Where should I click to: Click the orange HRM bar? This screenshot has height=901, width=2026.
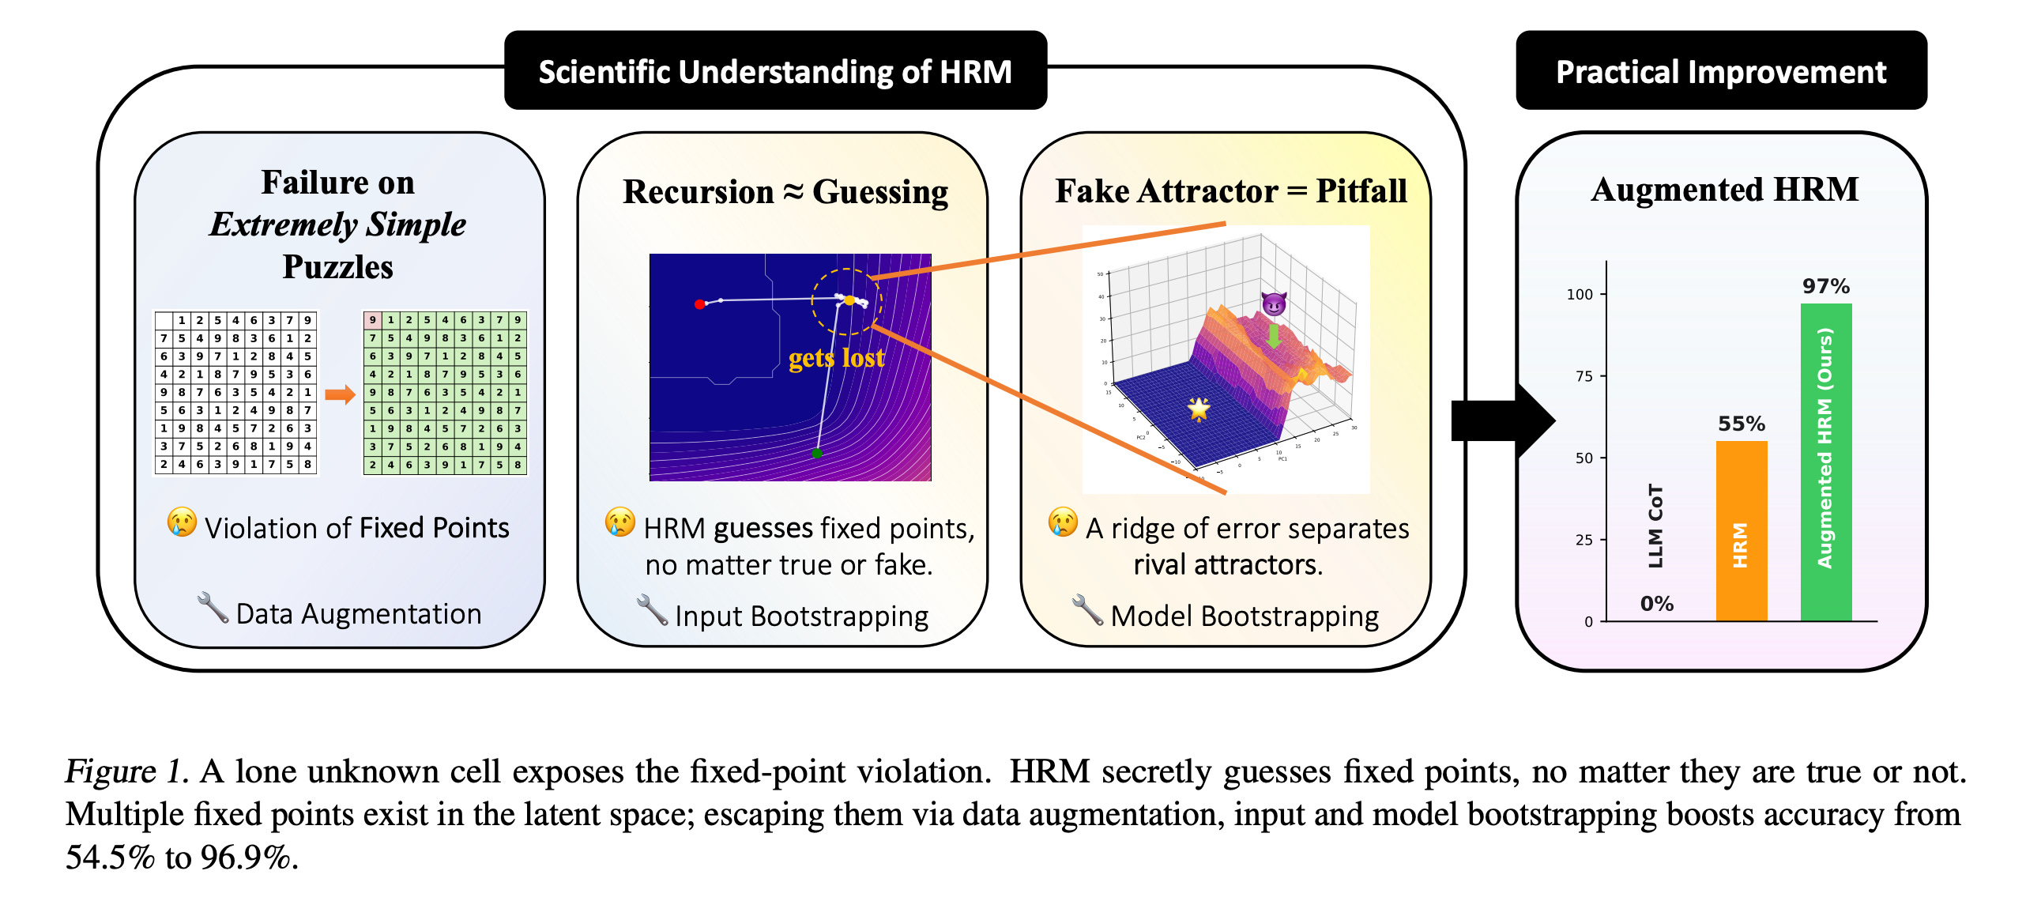[x=1741, y=530]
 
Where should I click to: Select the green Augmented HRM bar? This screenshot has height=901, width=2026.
[x=1825, y=462]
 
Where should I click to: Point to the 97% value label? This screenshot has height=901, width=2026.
[x=1825, y=286]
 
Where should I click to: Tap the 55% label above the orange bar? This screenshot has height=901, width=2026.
[x=1741, y=424]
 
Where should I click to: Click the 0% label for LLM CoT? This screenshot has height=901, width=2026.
[x=1656, y=604]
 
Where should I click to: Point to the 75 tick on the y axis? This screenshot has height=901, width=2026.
[x=1584, y=376]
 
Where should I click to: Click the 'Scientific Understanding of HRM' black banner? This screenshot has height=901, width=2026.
[x=775, y=71]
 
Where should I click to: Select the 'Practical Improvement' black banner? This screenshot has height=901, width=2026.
[x=1720, y=71]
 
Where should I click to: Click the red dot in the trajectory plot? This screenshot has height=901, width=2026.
[x=699, y=304]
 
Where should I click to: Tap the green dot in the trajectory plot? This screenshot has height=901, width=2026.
[x=817, y=453]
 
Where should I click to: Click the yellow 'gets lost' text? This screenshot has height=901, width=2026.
[x=836, y=358]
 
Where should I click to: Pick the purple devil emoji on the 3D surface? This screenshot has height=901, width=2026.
[x=1274, y=303]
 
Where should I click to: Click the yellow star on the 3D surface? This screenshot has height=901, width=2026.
[x=1199, y=409]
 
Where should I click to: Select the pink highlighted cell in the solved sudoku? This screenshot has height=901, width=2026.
[x=372, y=320]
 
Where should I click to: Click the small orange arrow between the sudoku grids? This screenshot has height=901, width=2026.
[x=340, y=394]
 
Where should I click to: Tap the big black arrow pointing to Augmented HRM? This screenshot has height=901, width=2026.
[x=1501, y=420]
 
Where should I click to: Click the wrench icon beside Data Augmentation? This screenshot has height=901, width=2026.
[x=212, y=608]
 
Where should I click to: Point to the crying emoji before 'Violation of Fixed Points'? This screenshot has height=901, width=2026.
[x=182, y=522]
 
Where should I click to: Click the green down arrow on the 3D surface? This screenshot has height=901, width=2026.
[x=1273, y=335]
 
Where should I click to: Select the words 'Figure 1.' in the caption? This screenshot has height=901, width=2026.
[x=126, y=771]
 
